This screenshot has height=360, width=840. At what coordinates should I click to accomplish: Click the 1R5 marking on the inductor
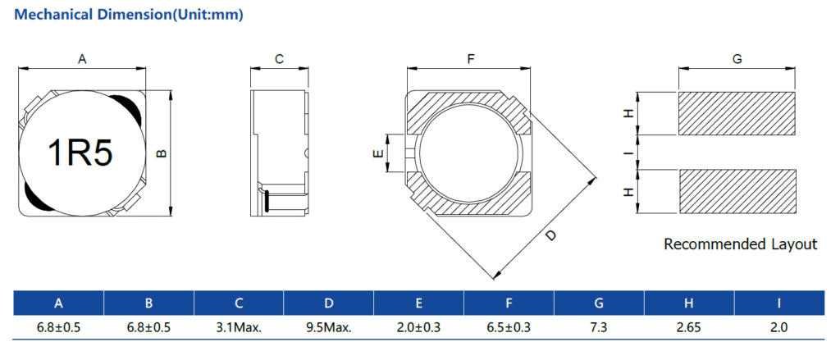(80, 153)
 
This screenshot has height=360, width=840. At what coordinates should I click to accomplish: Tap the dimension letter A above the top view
(82, 60)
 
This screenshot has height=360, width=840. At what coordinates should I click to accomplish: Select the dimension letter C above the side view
(279, 60)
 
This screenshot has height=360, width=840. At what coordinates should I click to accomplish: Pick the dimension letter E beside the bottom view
(377, 153)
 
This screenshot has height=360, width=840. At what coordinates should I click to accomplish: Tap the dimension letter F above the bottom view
(471, 60)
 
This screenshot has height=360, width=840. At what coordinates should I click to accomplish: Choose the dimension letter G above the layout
(737, 60)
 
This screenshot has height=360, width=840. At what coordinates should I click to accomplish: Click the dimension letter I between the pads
(631, 153)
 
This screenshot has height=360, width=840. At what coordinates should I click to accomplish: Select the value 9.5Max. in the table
(329, 327)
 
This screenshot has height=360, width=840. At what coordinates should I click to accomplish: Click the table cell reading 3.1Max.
(239, 327)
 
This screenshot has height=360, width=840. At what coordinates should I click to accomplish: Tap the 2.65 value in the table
(689, 327)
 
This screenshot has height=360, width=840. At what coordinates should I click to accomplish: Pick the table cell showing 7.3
(599, 327)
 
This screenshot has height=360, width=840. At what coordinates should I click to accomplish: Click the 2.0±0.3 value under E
(419, 327)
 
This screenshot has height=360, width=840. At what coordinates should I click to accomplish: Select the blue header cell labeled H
(689, 303)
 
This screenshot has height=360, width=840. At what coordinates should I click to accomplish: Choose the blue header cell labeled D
(329, 303)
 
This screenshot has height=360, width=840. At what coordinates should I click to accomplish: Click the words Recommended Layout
(741, 244)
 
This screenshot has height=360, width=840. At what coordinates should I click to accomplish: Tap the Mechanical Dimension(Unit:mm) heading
(129, 15)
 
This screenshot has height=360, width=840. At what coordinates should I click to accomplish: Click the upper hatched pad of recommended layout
(737, 113)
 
